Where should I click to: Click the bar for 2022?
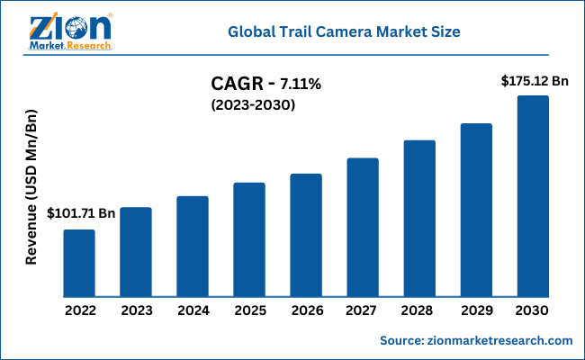point(79,263)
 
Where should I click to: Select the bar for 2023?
point(136,252)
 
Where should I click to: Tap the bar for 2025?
point(249,239)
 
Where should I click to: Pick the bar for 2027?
point(363,227)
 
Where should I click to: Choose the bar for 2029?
point(476,210)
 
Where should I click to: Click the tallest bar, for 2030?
point(533,196)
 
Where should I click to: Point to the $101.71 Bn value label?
point(80,214)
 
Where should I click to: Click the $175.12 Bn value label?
point(535,81)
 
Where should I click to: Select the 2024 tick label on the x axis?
point(193,311)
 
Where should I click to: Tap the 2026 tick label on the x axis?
point(306,311)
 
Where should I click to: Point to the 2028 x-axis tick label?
point(419,311)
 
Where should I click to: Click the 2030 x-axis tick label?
point(533,311)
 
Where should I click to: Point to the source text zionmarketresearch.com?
point(476,340)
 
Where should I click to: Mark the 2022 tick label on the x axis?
point(79,311)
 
